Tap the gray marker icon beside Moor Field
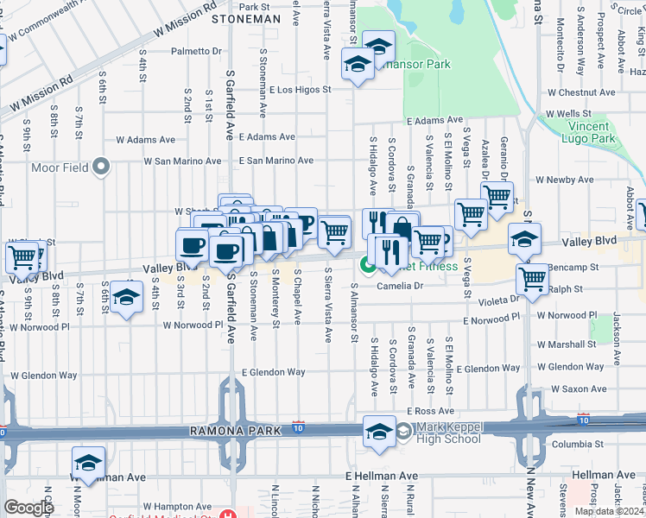pyautogui.click(x=102, y=166)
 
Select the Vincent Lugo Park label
pyautogui.click(x=592, y=132)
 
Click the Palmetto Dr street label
pyautogui.click(x=196, y=52)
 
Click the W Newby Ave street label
pyautogui.click(x=565, y=180)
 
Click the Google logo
pyautogui.click(x=28, y=508)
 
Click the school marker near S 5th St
pyautogui.click(x=127, y=297)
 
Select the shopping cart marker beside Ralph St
pyautogui.click(x=533, y=278)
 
